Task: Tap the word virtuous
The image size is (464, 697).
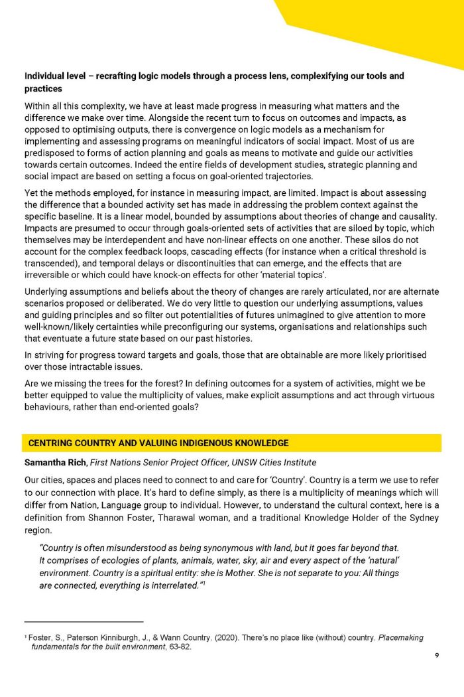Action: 397,395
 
